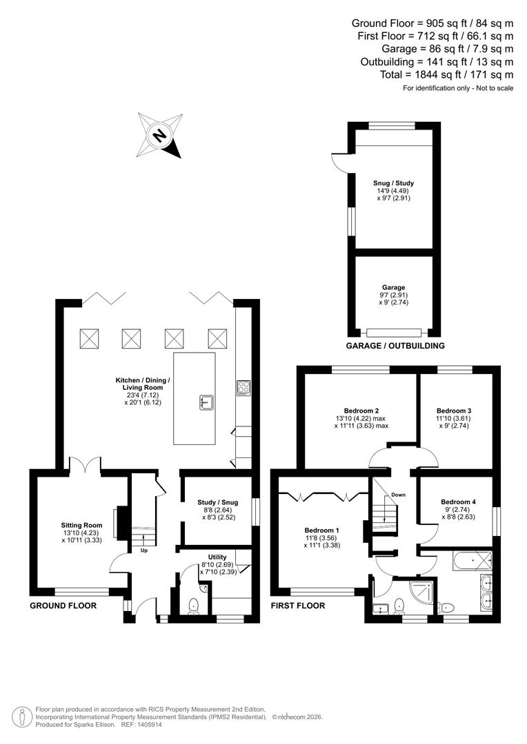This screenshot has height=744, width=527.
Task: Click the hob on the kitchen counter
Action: tap(243, 387)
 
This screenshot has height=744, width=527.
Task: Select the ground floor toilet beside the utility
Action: tap(192, 605)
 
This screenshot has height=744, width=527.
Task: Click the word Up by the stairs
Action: tap(143, 550)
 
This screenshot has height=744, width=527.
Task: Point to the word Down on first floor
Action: tap(399, 495)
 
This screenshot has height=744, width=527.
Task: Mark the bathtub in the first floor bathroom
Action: tap(473, 561)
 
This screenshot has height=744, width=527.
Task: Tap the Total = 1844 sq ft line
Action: tap(446, 74)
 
